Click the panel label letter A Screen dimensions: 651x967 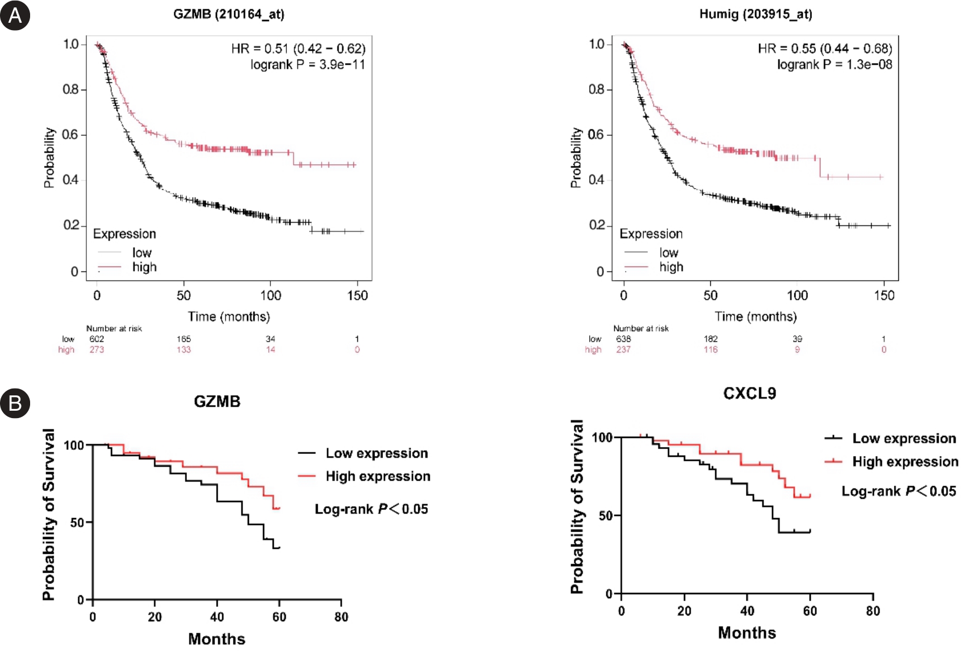[15, 16]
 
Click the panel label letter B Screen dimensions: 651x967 [15, 403]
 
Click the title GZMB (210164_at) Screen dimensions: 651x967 [228, 14]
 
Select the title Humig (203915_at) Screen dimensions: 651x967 [755, 14]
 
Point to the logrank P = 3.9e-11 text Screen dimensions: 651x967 [307, 65]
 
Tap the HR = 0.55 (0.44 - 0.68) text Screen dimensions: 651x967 [824, 49]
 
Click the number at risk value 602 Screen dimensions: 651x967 [97, 339]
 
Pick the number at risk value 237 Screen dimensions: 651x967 [623, 350]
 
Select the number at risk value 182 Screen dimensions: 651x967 [710, 339]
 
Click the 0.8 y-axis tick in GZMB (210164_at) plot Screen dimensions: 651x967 [70, 90]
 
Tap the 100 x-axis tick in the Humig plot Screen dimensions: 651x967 [797, 295]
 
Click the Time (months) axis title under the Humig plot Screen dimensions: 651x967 [756, 316]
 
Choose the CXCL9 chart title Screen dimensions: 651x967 [749, 394]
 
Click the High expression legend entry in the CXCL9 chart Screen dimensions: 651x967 [905, 462]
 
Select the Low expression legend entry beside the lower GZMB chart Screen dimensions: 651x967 [376, 453]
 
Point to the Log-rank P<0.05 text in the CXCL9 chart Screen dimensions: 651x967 [898, 491]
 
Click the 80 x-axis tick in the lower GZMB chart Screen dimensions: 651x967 [341, 617]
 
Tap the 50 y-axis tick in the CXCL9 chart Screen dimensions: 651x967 [606, 516]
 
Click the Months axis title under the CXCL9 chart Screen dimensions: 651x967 [747, 633]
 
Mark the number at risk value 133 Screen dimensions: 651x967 [184, 350]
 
